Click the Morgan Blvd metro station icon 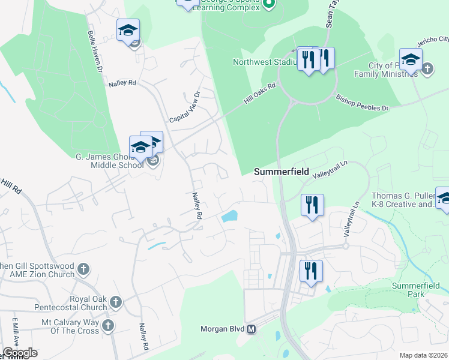(252, 329)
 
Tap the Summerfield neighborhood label (281, 172)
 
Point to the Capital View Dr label (184, 107)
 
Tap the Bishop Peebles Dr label (362, 102)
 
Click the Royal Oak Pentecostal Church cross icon (115, 301)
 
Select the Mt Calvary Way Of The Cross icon (107, 325)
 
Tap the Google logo (19, 353)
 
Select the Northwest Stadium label (265, 62)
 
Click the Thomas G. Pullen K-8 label (402, 200)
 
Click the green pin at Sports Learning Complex (269, 4)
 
